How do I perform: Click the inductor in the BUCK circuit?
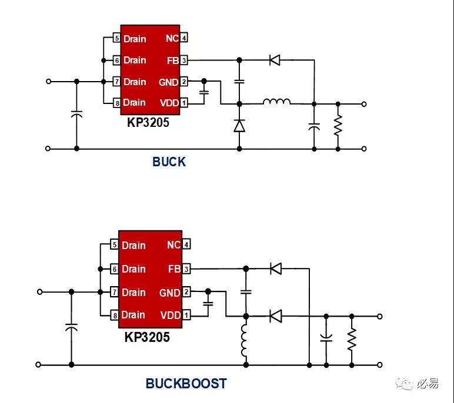coord(276,101)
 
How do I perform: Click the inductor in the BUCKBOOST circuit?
coord(244,341)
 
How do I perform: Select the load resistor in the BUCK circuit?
coord(338,125)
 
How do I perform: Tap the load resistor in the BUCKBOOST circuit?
coord(352,339)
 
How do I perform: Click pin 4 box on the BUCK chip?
coord(184,38)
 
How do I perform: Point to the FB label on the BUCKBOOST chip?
coord(174,268)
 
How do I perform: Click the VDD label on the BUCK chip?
coord(169,103)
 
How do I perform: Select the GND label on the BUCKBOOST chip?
coord(170,293)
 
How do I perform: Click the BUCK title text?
coord(169,162)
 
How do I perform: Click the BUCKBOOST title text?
coord(186,384)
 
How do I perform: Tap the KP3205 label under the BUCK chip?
coord(148,122)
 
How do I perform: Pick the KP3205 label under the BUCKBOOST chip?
coord(147,337)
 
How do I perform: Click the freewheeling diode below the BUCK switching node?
coord(239,126)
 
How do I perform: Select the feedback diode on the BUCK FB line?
coord(275,60)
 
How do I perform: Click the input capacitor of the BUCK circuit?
coord(76,115)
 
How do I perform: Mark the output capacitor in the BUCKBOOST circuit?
coord(326,338)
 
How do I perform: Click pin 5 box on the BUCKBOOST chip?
coord(115,244)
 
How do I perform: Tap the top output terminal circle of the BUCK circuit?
coord(364,104)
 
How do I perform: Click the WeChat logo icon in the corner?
coord(404,384)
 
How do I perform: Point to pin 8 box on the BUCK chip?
coord(117,103)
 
